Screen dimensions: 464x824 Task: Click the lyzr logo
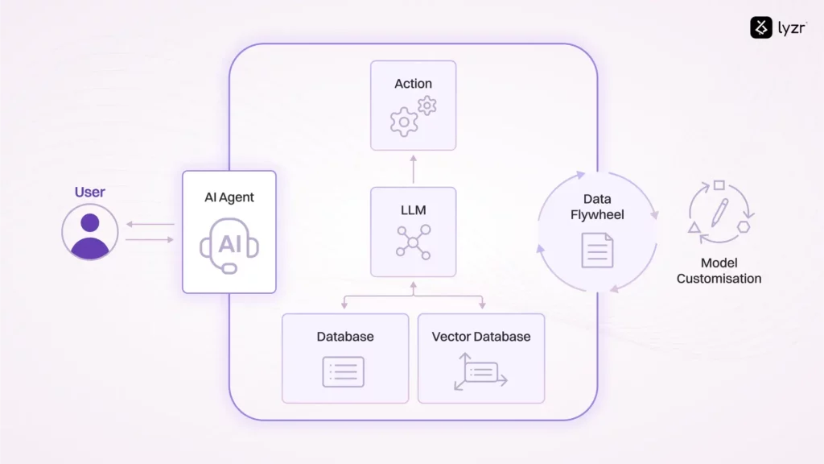(x=777, y=28)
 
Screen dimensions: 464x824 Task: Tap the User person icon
(x=90, y=232)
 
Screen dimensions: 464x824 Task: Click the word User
(x=90, y=193)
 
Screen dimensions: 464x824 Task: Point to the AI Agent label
(x=229, y=198)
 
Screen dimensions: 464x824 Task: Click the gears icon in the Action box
(x=413, y=117)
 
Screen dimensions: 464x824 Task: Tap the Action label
(x=413, y=84)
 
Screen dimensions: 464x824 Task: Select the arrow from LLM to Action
(x=413, y=168)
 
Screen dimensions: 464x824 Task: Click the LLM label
(x=413, y=210)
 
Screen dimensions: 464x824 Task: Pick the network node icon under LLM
(x=413, y=242)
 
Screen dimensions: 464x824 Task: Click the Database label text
(x=345, y=336)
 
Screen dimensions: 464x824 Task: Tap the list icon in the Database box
(x=344, y=371)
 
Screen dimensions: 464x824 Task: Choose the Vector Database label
(x=481, y=336)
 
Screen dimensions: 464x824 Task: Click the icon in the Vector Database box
(x=480, y=371)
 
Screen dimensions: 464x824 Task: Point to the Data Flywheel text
(x=596, y=206)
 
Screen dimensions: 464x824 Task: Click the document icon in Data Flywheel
(x=596, y=250)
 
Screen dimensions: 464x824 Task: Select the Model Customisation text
(x=719, y=271)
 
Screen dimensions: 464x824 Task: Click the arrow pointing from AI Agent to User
(x=150, y=225)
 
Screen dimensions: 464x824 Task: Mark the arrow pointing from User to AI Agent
(x=150, y=239)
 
